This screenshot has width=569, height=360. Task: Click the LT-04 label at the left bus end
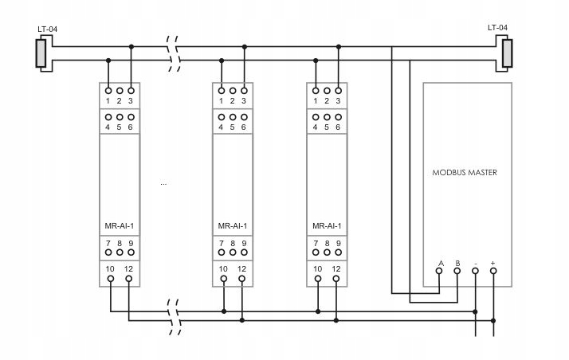[47, 29]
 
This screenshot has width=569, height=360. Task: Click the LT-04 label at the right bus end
[497, 29]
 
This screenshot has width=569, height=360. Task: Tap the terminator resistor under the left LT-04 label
[41, 53]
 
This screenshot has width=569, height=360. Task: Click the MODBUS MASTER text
[464, 172]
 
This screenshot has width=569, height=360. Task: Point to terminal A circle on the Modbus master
[439, 272]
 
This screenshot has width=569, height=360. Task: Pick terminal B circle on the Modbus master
[457, 272]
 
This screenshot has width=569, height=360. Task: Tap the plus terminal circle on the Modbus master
[493, 272]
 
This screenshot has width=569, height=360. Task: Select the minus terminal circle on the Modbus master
[476, 272]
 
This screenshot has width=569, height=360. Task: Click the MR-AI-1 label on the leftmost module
[120, 225]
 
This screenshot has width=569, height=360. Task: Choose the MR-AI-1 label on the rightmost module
[328, 225]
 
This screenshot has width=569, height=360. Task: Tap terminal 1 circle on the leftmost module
[108, 90]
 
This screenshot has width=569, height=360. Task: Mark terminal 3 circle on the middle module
[244, 90]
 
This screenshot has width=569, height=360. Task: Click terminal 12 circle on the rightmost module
[336, 279]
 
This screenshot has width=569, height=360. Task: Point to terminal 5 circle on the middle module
[233, 117]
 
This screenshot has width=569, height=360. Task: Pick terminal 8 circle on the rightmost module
[328, 252]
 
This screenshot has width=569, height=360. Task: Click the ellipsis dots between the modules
[163, 184]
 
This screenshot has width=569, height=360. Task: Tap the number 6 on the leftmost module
[130, 127]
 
